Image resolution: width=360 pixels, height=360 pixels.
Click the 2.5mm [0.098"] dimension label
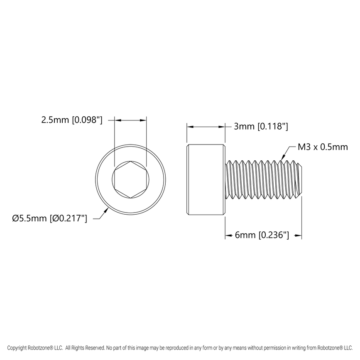click(x=71, y=120)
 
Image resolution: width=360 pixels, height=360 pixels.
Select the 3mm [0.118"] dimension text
click(x=261, y=127)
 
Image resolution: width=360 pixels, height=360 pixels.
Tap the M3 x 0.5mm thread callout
click(x=323, y=147)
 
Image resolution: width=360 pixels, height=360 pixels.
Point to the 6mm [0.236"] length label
click(x=262, y=235)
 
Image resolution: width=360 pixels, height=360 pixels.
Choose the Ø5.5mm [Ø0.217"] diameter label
click(x=50, y=218)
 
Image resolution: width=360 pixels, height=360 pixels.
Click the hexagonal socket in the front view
click(x=130, y=179)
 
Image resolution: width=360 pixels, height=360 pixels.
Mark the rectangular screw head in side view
click(x=206, y=179)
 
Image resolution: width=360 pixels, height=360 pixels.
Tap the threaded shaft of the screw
click(x=262, y=179)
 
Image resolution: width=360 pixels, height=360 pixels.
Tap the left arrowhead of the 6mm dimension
click(x=228, y=236)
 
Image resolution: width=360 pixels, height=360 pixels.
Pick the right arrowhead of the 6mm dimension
click(x=299, y=236)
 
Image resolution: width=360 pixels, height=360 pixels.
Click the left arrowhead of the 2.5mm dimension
click(x=117, y=120)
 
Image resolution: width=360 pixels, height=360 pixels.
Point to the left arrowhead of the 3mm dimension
click(x=190, y=127)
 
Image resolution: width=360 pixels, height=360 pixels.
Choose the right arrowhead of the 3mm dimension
click(x=222, y=127)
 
